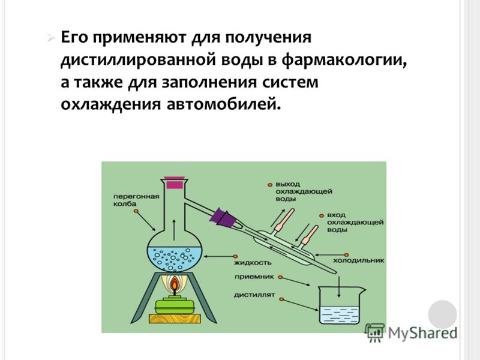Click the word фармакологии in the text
(x=344, y=61)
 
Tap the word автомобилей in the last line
(x=224, y=104)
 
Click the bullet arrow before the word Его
(x=51, y=38)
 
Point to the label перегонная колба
(x=136, y=200)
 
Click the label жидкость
(x=253, y=263)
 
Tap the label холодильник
(x=358, y=261)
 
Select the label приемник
(x=254, y=277)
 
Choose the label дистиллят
(x=254, y=295)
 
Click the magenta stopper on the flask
(x=175, y=184)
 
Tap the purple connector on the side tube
(x=223, y=218)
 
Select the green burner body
(x=175, y=305)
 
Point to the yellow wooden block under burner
(x=175, y=319)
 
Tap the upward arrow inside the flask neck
(x=174, y=230)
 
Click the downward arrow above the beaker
(x=339, y=287)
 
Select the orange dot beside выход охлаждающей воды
(x=270, y=185)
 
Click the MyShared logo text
(x=422, y=333)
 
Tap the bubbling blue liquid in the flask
(x=175, y=259)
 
